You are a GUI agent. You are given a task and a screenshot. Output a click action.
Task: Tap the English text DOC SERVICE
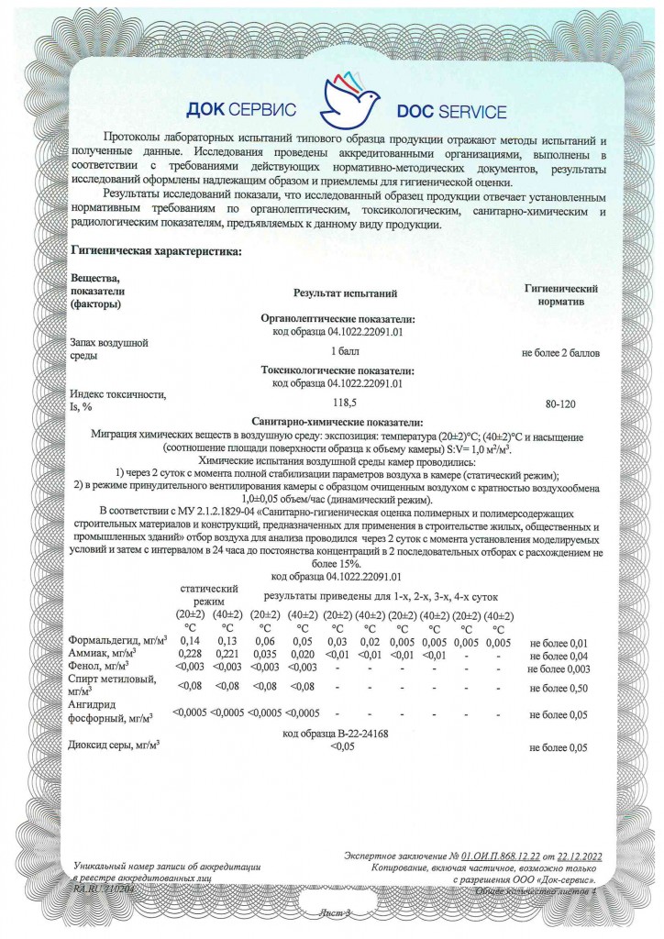click(451, 112)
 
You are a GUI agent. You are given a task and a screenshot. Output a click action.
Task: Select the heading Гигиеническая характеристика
click(156, 251)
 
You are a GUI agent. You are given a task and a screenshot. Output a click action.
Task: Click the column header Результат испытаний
click(345, 293)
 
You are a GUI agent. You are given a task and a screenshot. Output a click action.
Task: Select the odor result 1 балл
click(345, 351)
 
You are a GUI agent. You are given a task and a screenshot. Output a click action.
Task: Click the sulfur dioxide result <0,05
click(342, 746)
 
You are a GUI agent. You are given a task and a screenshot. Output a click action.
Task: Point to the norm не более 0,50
click(558, 687)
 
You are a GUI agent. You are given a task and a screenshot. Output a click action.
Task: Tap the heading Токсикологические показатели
click(338, 370)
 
